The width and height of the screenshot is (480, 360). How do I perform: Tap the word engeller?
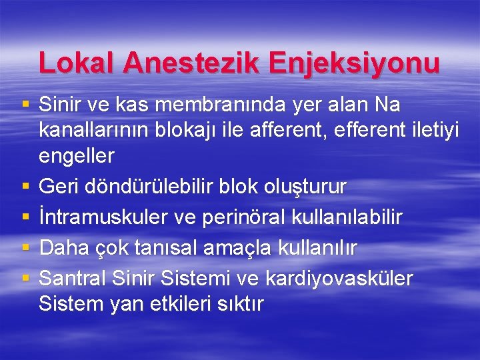coord(77,157)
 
